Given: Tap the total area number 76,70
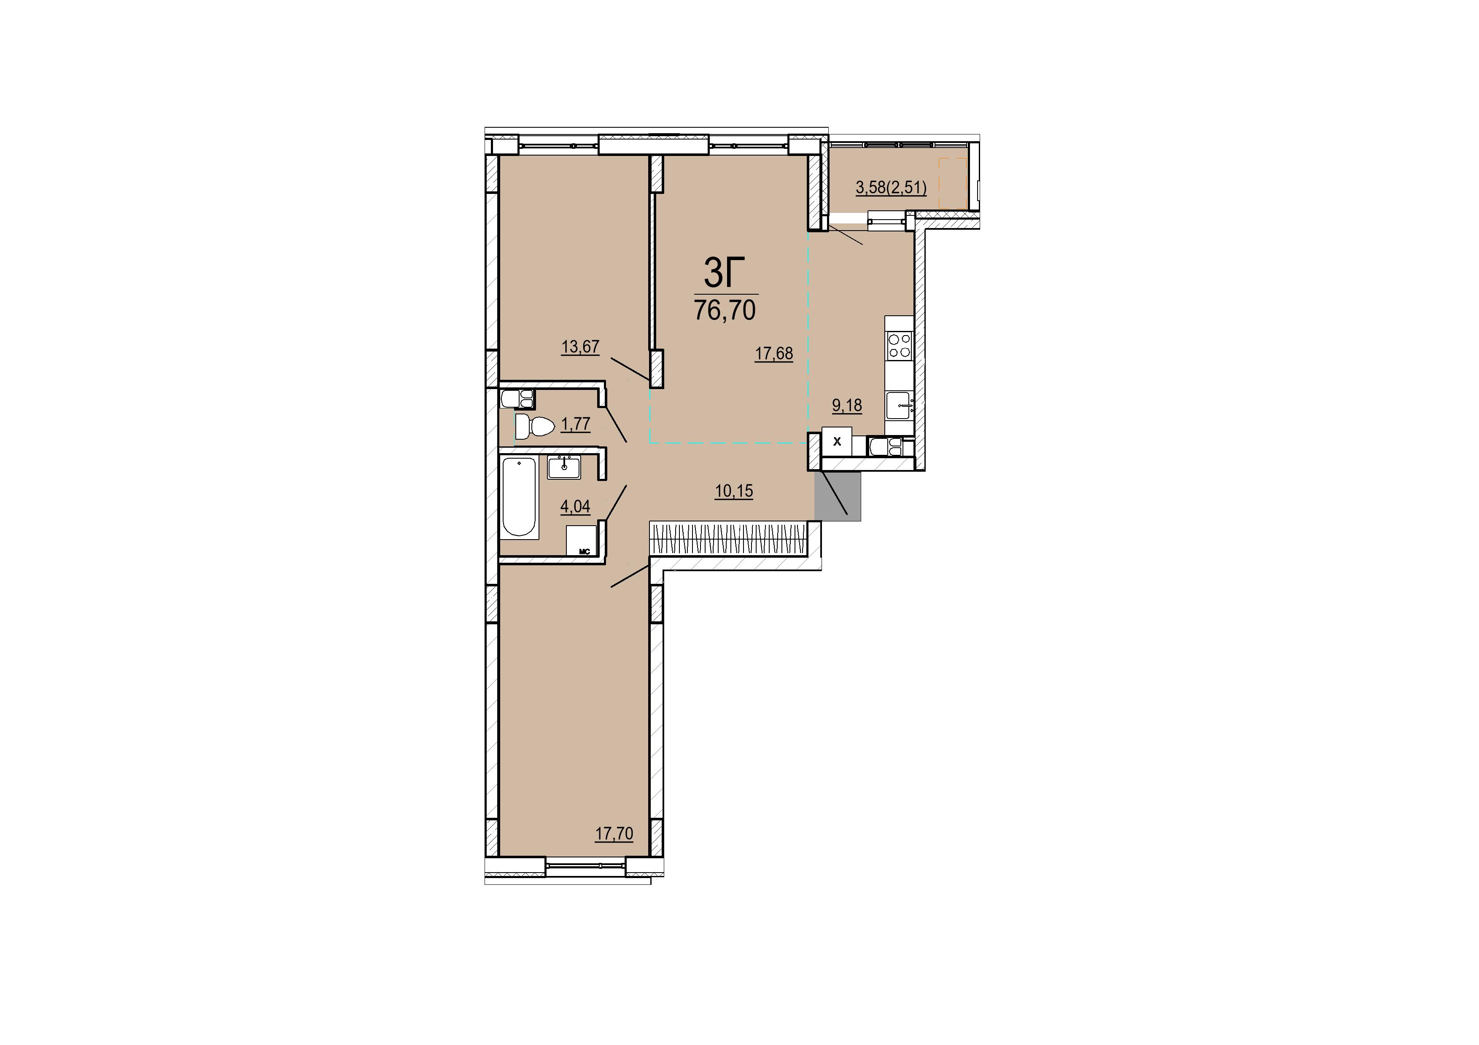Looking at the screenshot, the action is point(725,310).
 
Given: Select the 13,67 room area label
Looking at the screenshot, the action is point(580,347).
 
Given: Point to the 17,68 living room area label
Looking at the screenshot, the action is point(773,354).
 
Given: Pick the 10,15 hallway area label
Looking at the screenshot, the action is point(734,491).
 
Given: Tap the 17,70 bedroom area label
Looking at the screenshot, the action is point(614,834).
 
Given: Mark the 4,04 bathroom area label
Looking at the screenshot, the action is point(575,507).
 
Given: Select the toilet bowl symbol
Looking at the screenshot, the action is point(535,426).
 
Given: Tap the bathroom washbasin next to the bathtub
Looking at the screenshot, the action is point(564,467).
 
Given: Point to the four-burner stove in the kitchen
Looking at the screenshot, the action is point(899,345).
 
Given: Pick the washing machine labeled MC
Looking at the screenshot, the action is point(582,540).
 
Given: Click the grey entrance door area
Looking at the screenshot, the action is point(838,496).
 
